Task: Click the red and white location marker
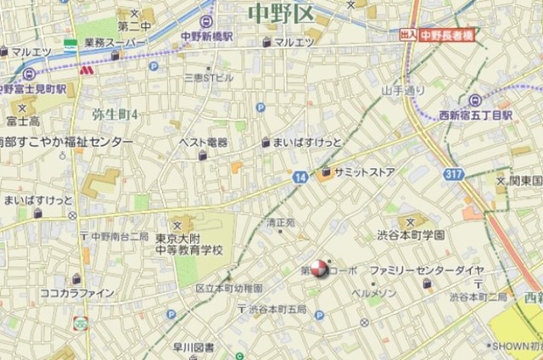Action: (318, 269)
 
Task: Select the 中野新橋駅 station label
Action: (207, 37)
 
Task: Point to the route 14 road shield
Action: (300, 177)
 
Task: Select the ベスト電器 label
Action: (203, 142)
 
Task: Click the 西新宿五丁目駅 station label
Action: (476, 113)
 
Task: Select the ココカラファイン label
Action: (76, 293)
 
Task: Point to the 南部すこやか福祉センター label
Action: (66, 142)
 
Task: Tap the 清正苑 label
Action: (280, 222)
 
